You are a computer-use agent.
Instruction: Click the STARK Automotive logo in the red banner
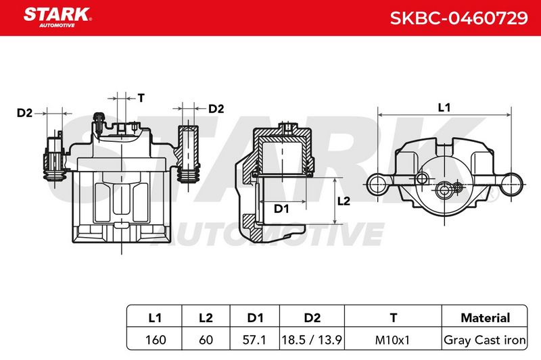[57, 18]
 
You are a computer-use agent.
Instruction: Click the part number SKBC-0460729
[458, 18]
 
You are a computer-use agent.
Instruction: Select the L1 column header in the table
[155, 317]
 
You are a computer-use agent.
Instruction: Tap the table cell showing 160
[156, 340]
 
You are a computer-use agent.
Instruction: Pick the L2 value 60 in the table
[206, 340]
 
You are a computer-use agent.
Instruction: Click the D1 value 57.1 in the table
[254, 340]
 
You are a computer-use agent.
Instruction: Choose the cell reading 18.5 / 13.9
[312, 340]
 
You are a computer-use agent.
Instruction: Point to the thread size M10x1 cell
[392, 340]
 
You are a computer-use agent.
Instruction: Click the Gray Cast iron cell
[485, 340]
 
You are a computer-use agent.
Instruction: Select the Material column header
[485, 317]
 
